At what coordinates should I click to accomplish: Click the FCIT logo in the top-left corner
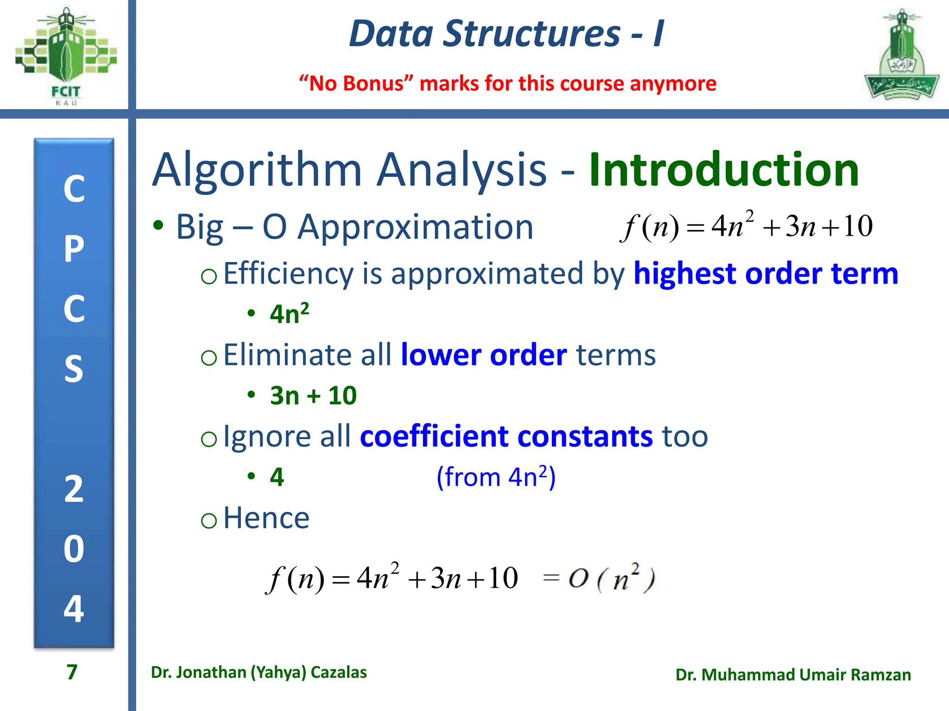tap(66, 56)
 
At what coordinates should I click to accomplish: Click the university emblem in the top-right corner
tap(901, 56)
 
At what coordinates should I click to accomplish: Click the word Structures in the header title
tap(531, 34)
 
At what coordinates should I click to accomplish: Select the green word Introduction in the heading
tap(724, 170)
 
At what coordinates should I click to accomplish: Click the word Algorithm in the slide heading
tap(257, 170)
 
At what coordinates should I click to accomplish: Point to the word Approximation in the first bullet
tap(415, 227)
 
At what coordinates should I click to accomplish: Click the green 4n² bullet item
tap(289, 313)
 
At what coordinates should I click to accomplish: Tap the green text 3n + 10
tap(313, 395)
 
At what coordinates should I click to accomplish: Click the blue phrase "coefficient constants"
tap(506, 436)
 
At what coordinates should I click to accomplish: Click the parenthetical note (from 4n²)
tap(496, 477)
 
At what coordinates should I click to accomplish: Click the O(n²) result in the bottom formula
tap(612, 579)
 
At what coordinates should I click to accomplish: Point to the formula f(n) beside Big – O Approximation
tap(746, 226)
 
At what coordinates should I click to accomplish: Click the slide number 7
tap(72, 672)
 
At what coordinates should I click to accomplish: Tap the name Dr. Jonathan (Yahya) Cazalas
tap(259, 672)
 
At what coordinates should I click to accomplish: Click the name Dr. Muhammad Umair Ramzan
tap(793, 675)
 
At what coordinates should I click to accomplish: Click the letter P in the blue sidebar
tap(74, 249)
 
